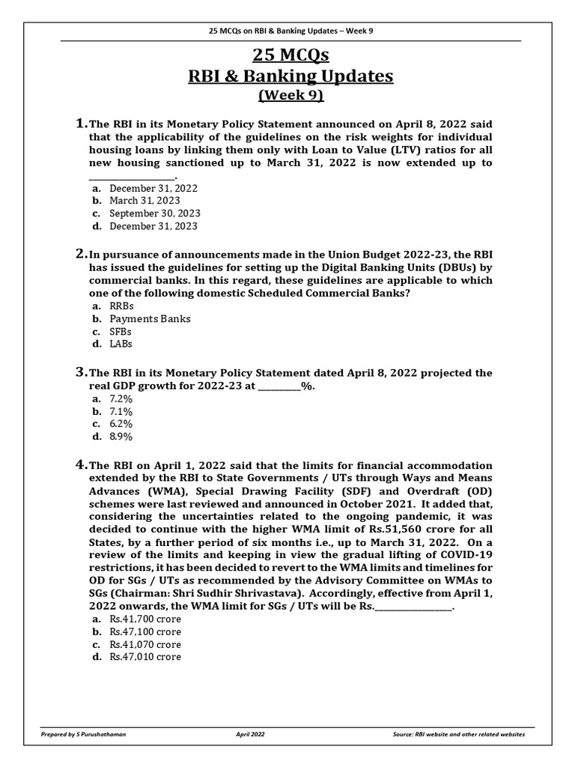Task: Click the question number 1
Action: click(x=81, y=123)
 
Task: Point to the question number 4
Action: click(x=81, y=464)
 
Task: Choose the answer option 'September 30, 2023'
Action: click(x=153, y=213)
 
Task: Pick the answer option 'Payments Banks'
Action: click(x=150, y=318)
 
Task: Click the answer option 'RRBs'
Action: click(x=122, y=306)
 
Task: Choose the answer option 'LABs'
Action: click(x=121, y=344)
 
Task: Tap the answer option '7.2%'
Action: click(x=121, y=398)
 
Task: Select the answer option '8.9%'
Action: click(x=121, y=437)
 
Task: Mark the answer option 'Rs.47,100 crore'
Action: click(x=145, y=631)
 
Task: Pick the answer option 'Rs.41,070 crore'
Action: click(x=145, y=644)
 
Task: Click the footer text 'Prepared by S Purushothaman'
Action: click(x=84, y=735)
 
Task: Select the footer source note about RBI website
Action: click(x=458, y=735)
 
